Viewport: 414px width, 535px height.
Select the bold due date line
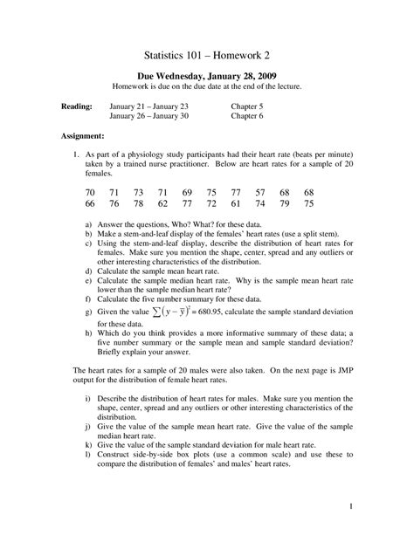pyautogui.click(x=206, y=75)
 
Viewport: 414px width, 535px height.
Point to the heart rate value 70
pyautogui.click(x=90, y=192)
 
